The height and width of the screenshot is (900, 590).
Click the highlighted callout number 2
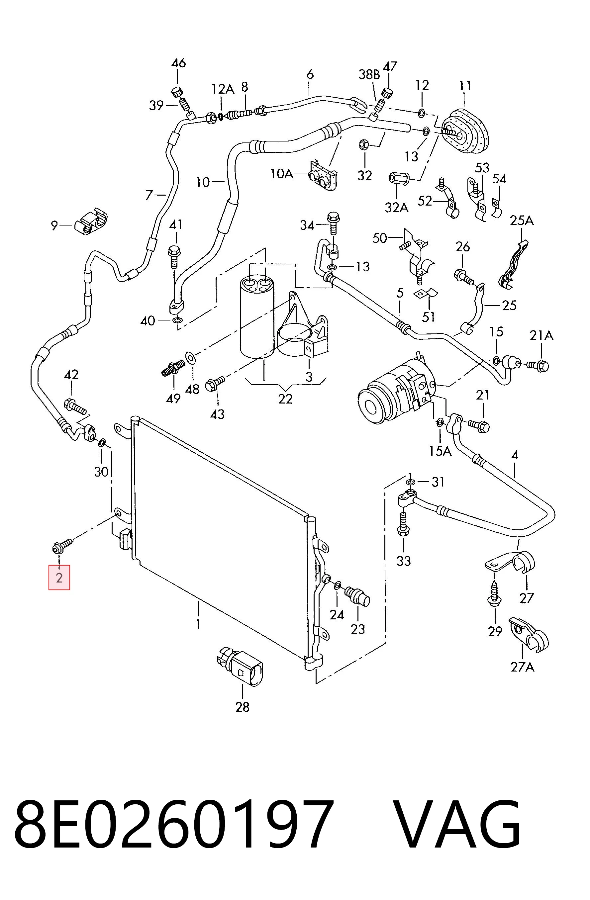[x=59, y=578]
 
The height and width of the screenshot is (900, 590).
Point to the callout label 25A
[x=522, y=220]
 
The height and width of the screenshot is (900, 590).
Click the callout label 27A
[x=523, y=667]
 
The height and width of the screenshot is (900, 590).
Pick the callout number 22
[x=285, y=399]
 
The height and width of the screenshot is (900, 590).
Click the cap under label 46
[x=177, y=91]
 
